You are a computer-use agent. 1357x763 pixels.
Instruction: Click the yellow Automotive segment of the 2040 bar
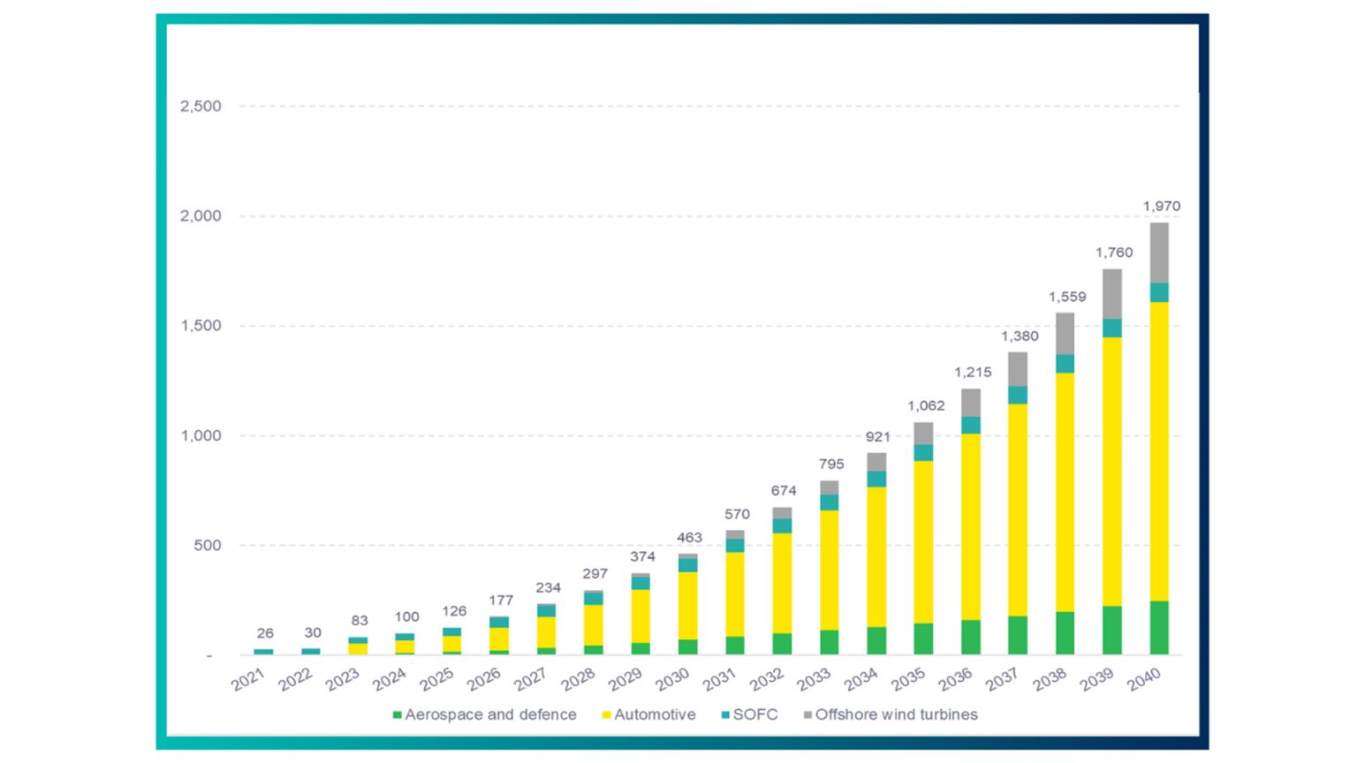click(x=1159, y=450)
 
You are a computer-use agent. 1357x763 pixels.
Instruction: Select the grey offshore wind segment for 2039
click(x=1112, y=294)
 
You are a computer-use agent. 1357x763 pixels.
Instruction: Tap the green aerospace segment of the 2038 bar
click(x=1065, y=632)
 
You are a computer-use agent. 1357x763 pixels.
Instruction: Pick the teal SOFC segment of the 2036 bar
click(x=971, y=425)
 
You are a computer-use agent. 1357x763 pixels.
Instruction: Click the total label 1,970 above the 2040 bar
click(x=1161, y=206)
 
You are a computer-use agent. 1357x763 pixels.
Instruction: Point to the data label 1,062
click(x=926, y=405)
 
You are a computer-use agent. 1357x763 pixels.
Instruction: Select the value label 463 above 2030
click(x=689, y=537)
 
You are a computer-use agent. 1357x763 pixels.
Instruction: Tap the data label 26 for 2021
click(x=265, y=633)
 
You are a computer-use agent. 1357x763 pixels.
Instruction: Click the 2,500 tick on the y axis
click(x=201, y=106)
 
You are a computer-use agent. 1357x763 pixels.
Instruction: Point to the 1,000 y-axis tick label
click(x=201, y=435)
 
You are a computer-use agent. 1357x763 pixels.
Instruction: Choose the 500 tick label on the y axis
click(x=207, y=545)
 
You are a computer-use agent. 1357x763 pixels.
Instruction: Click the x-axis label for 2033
click(x=814, y=679)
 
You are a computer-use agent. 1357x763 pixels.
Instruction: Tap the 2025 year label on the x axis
click(x=436, y=679)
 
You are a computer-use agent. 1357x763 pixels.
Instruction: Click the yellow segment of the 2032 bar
click(x=782, y=583)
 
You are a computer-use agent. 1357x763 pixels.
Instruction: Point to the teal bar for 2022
click(x=311, y=651)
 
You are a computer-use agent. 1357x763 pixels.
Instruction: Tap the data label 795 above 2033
click(x=831, y=464)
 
